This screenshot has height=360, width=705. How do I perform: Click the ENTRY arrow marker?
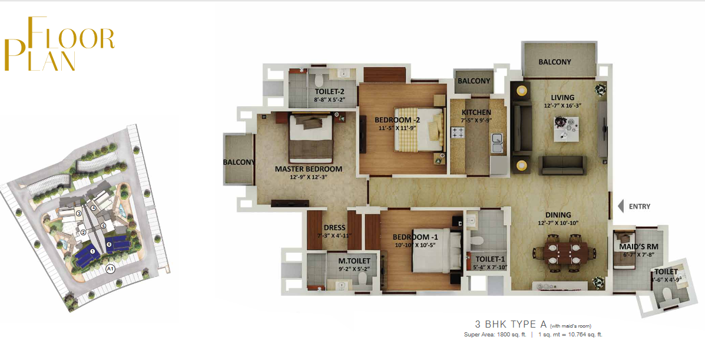tap(621, 206)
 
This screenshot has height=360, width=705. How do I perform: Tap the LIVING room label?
tap(562, 97)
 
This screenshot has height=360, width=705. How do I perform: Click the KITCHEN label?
tap(476, 113)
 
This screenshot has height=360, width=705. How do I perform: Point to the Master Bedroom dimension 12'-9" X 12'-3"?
tap(309, 177)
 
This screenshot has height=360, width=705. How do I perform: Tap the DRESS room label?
tap(335, 227)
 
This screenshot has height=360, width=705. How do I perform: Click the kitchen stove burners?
tap(458, 133)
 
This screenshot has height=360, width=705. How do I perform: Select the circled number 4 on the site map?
tap(94, 207)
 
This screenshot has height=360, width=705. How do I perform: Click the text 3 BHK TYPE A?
tap(511, 324)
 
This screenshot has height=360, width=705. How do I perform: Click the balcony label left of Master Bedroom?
tap(239, 162)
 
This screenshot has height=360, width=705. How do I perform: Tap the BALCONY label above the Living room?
tap(555, 62)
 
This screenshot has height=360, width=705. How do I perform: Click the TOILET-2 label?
tap(329, 91)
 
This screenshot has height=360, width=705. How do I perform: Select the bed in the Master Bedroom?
tap(311, 137)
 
